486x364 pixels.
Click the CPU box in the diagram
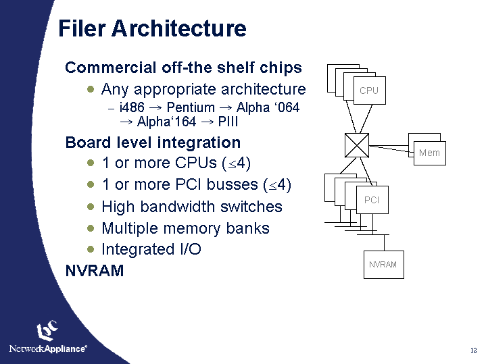coord(369,90)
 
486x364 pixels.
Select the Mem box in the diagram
coord(429,153)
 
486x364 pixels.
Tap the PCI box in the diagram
coord(372,200)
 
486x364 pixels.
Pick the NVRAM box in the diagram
coord(383,264)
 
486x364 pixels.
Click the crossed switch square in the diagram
coord(357,145)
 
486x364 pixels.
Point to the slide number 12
coord(473,350)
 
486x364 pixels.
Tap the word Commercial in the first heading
coord(110,68)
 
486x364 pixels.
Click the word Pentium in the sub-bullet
coord(191,108)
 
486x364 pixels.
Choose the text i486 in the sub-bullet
coord(132,108)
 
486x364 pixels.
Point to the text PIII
coord(228,122)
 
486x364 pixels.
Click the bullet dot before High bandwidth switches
coord(91,207)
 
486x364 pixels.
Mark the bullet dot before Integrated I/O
coord(91,249)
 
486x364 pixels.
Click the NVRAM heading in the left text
coord(94,271)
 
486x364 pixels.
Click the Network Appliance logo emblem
coord(47,331)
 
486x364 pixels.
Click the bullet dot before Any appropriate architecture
coord(91,89)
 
